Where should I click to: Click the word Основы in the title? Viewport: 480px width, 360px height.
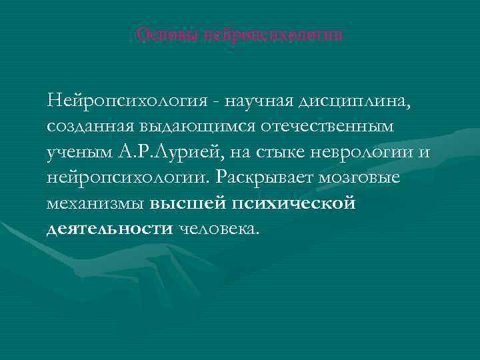[159, 34]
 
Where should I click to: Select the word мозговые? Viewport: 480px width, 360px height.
[366, 178]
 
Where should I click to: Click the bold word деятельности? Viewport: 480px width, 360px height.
[109, 229]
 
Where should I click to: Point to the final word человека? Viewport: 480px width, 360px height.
[216, 229]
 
